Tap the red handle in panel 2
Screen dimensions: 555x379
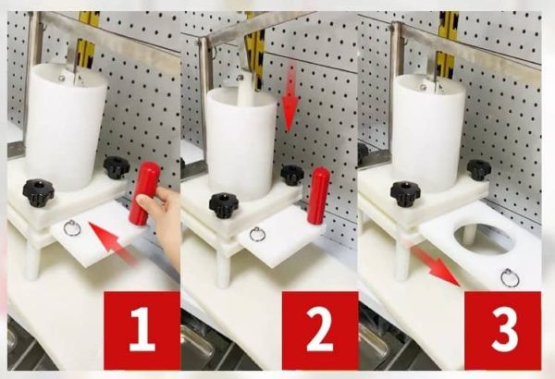tap(318, 195)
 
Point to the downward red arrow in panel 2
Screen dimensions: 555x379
tap(290, 97)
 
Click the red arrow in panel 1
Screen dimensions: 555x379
tap(112, 242)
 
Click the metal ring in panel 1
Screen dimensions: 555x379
tap(72, 228)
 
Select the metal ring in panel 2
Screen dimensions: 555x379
tap(256, 234)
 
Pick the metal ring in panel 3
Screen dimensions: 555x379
tap(511, 278)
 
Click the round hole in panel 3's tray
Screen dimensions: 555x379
tap(483, 238)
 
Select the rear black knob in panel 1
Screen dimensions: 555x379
tap(117, 167)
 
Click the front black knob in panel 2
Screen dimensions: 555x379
tap(222, 205)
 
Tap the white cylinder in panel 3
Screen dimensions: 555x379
tap(427, 134)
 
